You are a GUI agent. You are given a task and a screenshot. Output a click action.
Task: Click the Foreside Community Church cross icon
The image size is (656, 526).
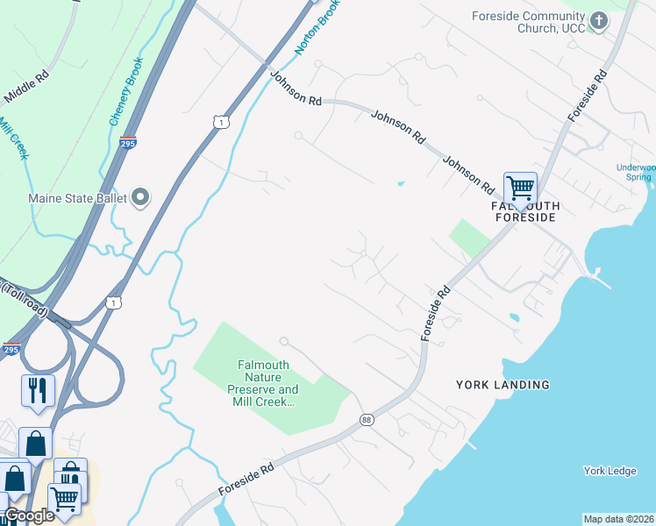coord(598,20)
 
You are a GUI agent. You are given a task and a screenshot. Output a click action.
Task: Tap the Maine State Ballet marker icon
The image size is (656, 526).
coord(140,198)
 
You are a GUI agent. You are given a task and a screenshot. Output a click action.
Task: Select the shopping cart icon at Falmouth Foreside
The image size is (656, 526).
coord(520,188)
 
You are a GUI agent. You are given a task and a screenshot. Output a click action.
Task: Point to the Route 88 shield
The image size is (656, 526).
coord(366,422)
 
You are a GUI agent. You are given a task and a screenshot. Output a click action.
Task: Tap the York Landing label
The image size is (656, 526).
coord(503,385)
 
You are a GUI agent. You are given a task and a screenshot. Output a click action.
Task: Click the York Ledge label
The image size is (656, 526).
coord(610,471)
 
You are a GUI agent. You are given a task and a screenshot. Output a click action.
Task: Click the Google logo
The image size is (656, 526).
coord(28,515)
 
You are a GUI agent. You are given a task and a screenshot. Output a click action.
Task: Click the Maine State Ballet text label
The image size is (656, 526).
coord(78,198)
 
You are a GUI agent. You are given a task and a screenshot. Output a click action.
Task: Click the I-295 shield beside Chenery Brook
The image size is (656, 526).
coord(128,142)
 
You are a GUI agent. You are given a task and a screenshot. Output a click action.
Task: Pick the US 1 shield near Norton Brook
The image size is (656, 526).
coord(220,122)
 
